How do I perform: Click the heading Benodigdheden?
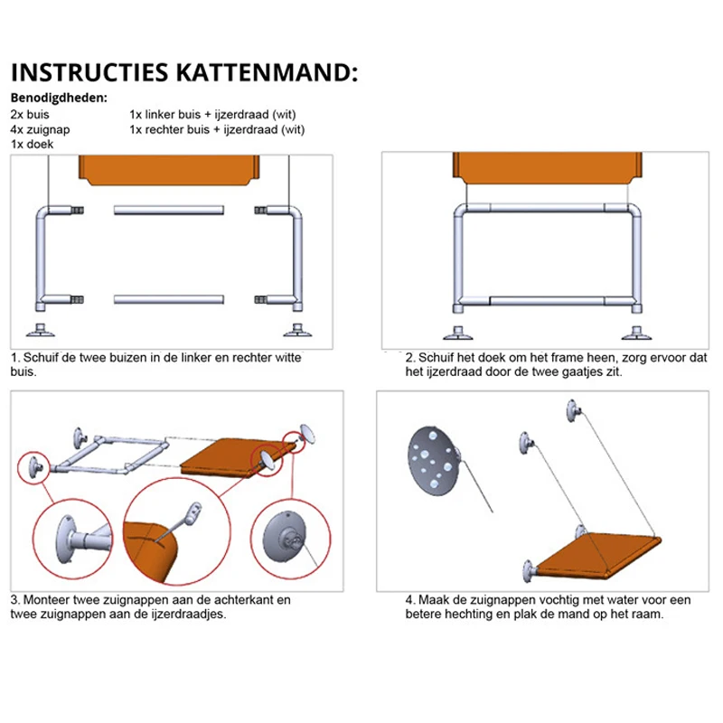pyautogui.click(x=59, y=99)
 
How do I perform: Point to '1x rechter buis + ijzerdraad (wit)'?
pyautogui.click(x=217, y=129)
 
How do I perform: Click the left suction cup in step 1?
pyautogui.click(x=42, y=328)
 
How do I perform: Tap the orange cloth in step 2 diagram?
pyautogui.click(x=548, y=169)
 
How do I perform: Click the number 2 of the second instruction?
pyautogui.click(x=409, y=357)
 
